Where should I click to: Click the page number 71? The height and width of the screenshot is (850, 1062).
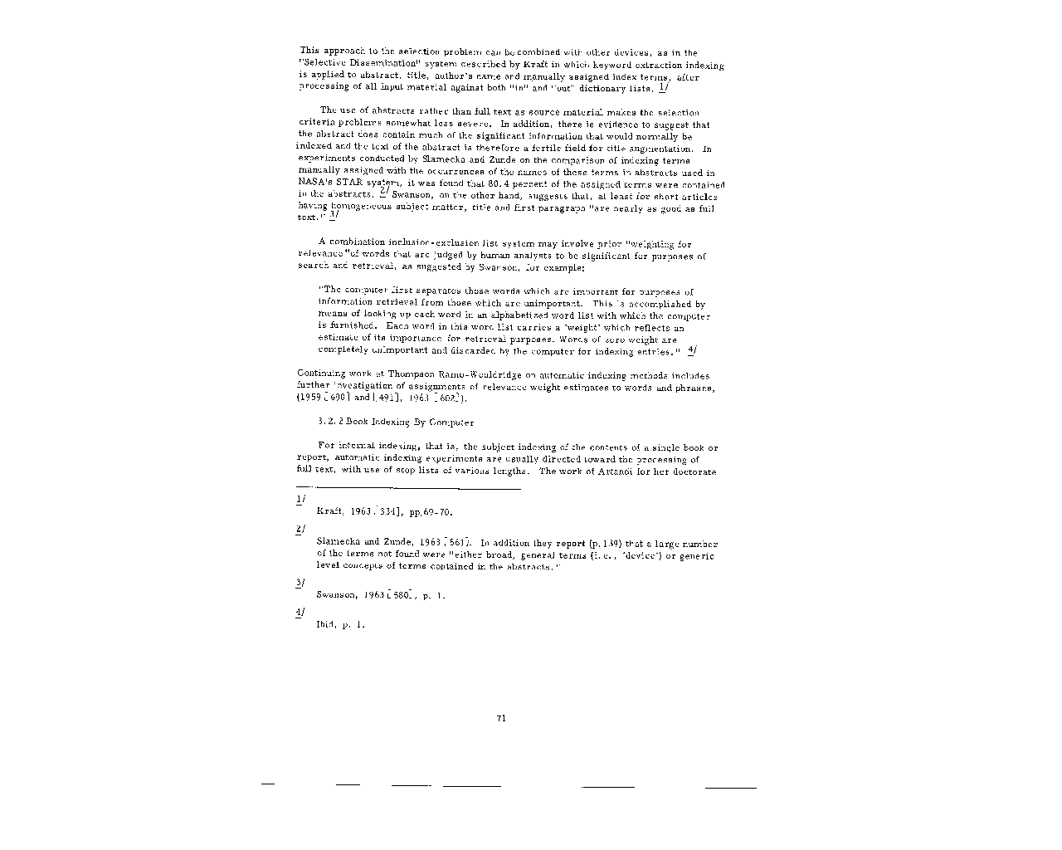(x=501, y=719)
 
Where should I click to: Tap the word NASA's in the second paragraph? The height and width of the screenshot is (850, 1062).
(x=314, y=184)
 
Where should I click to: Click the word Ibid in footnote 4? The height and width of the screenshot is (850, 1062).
(x=324, y=624)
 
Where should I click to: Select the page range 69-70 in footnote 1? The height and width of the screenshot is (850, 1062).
(x=437, y=512)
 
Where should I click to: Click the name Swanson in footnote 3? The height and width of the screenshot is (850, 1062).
(x=336, y=595)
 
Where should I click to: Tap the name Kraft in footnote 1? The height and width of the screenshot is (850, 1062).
(x=329, y=512)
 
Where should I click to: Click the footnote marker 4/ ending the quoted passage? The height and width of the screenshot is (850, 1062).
(x=692, y=351)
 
